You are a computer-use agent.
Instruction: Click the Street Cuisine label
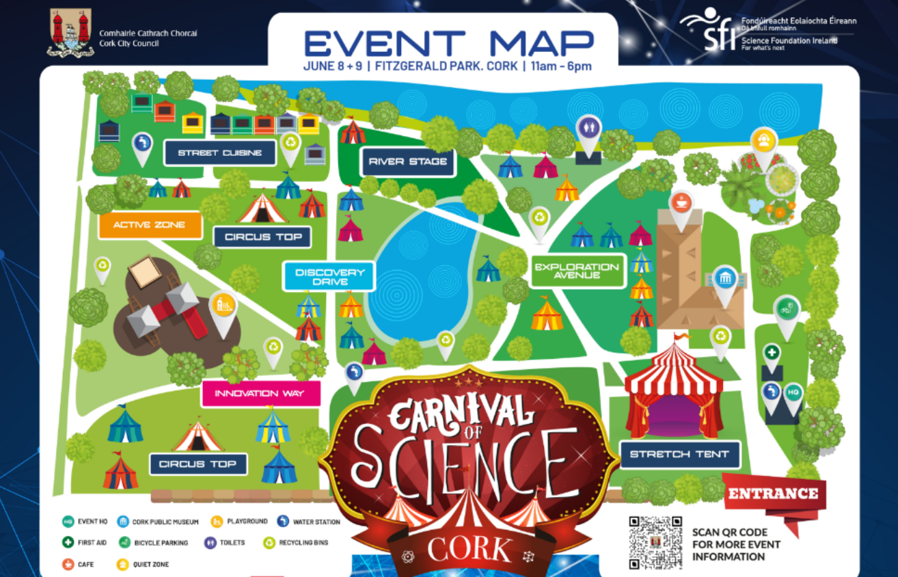pos(219,153)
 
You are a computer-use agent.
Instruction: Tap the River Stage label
pos(408,162)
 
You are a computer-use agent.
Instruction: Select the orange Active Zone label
pos(150,225)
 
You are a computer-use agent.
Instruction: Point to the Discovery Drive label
pos(329,276)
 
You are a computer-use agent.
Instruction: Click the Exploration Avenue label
pos(577,271)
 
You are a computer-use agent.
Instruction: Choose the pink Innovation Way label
pos(261,394)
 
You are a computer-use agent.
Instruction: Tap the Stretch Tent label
pos(679,455)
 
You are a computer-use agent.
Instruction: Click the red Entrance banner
pos(774,494)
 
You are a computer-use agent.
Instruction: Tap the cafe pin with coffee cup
pos(681,202)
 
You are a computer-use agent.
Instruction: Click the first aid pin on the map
pos(772,354)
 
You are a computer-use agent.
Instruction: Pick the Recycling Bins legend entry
pos(296,543)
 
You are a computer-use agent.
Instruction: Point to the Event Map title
pos(448,44)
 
